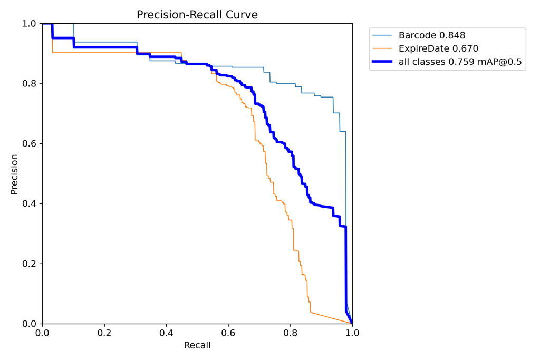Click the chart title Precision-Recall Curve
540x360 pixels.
pos(197,15)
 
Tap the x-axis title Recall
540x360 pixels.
pos(197,346)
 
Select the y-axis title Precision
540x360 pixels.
pos(14,174)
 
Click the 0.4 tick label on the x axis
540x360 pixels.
pos(166,333)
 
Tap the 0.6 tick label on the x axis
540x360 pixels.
pos(228,333)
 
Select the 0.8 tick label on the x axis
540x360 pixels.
pos(290,333)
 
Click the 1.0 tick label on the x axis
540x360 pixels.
pos(352,333)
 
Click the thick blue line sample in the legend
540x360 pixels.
pos(383,62)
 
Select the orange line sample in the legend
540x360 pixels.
pos(383,49)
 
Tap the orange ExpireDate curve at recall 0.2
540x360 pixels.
pos(104,53)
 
